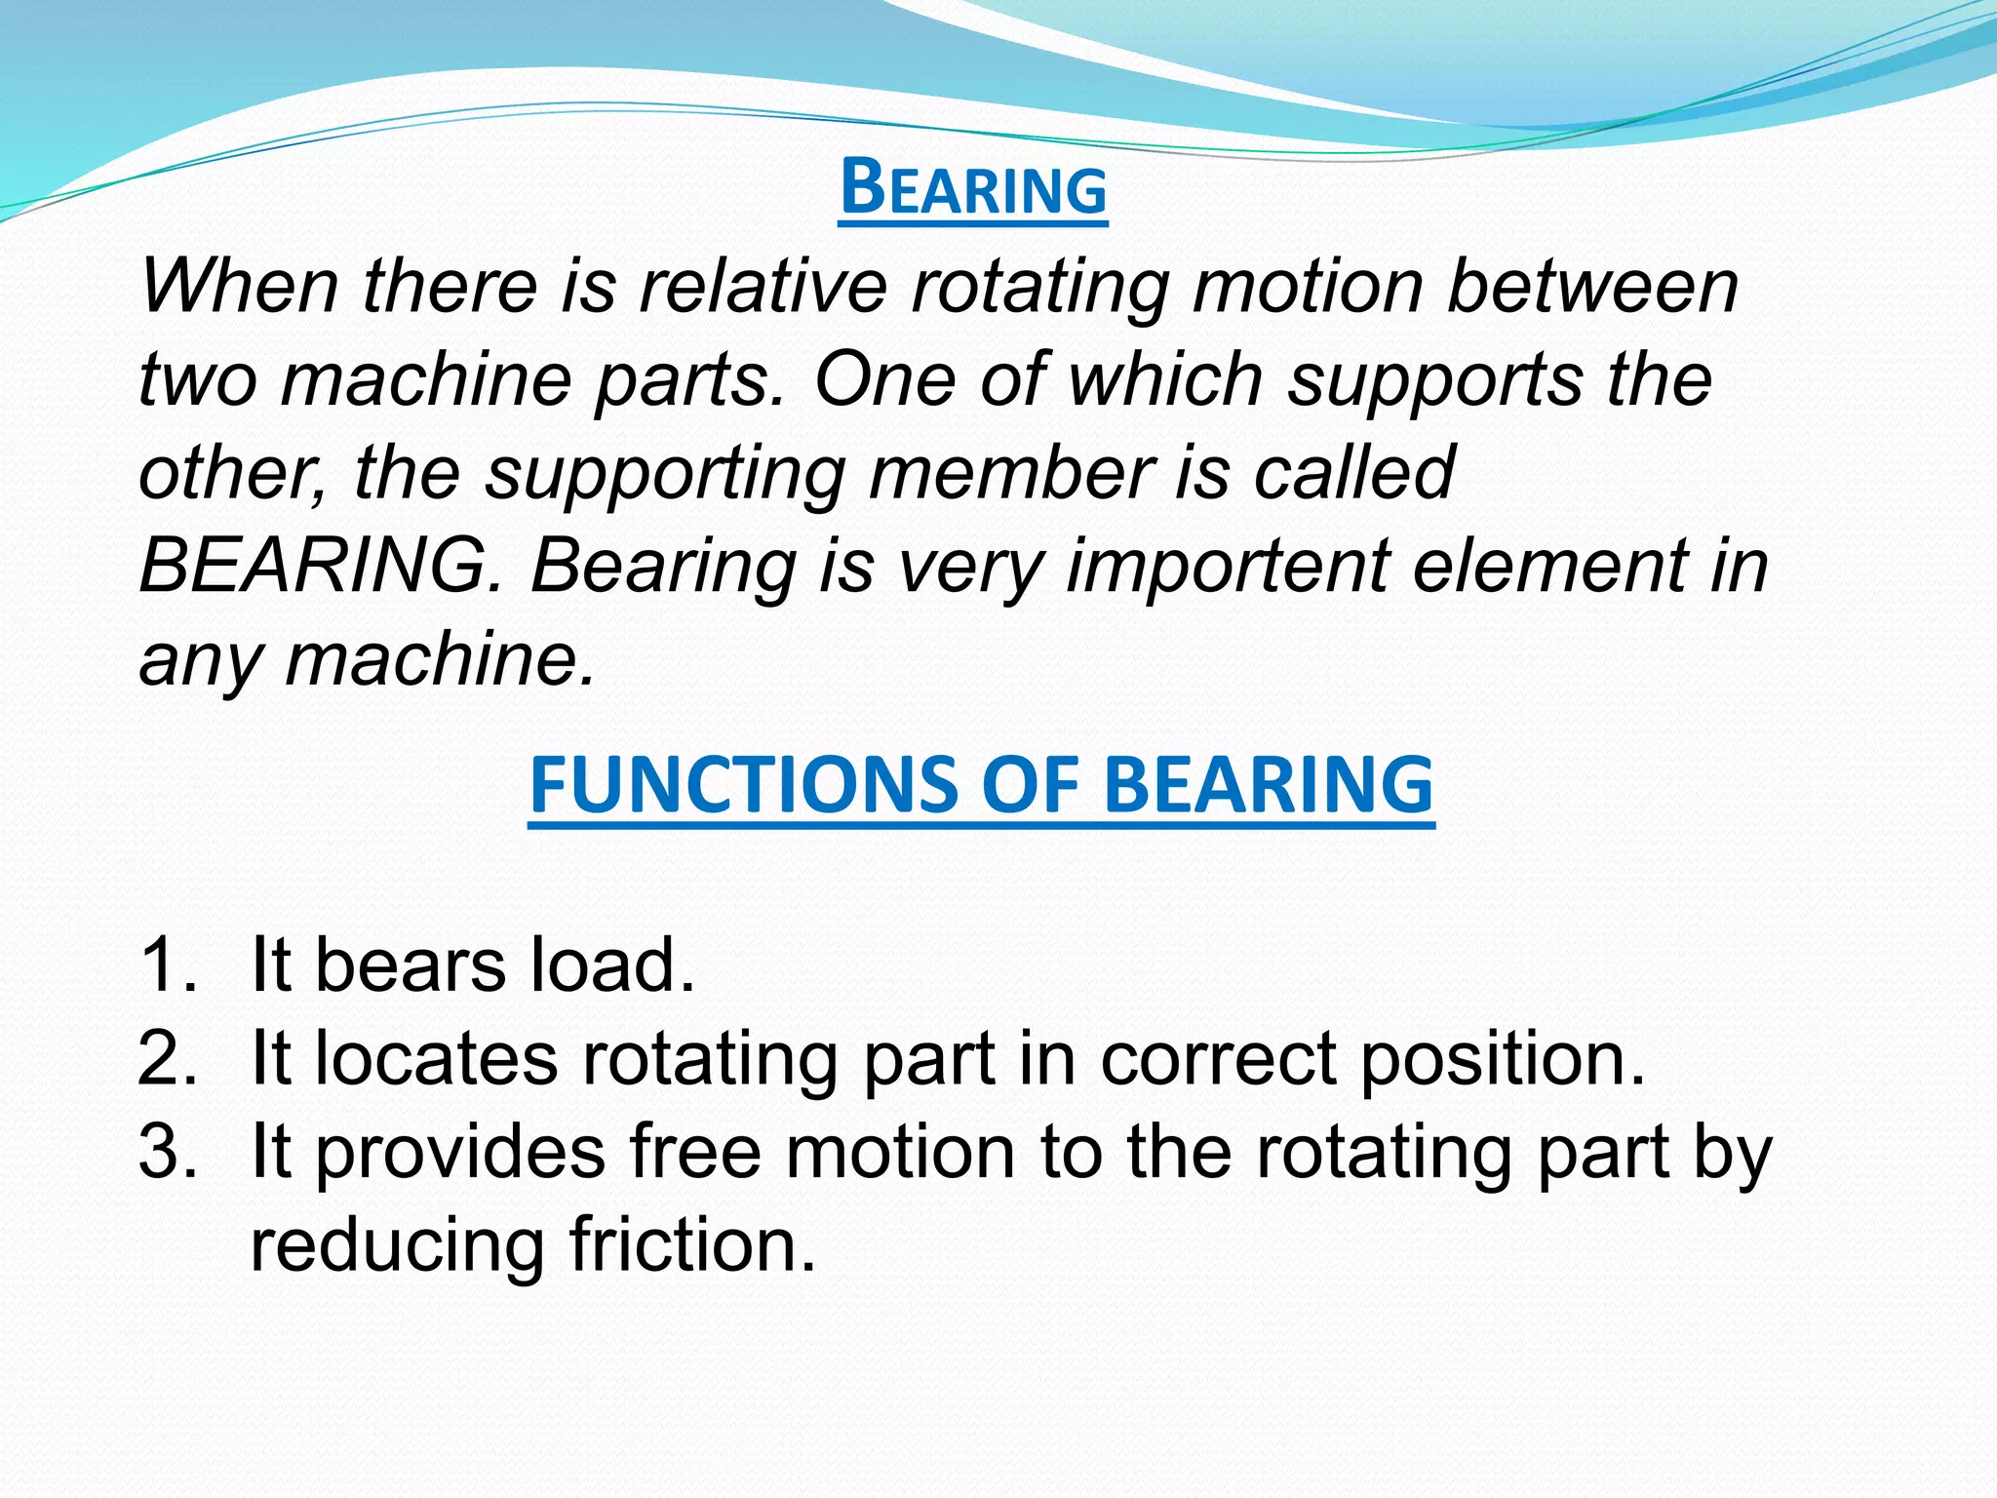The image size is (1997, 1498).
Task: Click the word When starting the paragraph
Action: pyautogui.click(x=240, y=287)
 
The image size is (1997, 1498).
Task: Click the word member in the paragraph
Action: pyautogui.click(x=1010, y=473)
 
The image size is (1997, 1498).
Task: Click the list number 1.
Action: pyautogui.click(x=167, y=965)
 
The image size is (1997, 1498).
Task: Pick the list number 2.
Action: pyautogui.click(x=167, y=1058)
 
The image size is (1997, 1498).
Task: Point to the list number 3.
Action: pyautogui.click(x=167, y=1152)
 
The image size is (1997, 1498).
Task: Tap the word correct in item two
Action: pyautogui.click(x=1218, y=1058)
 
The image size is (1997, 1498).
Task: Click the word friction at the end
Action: pyautogui.click(x=691, y=1245)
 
